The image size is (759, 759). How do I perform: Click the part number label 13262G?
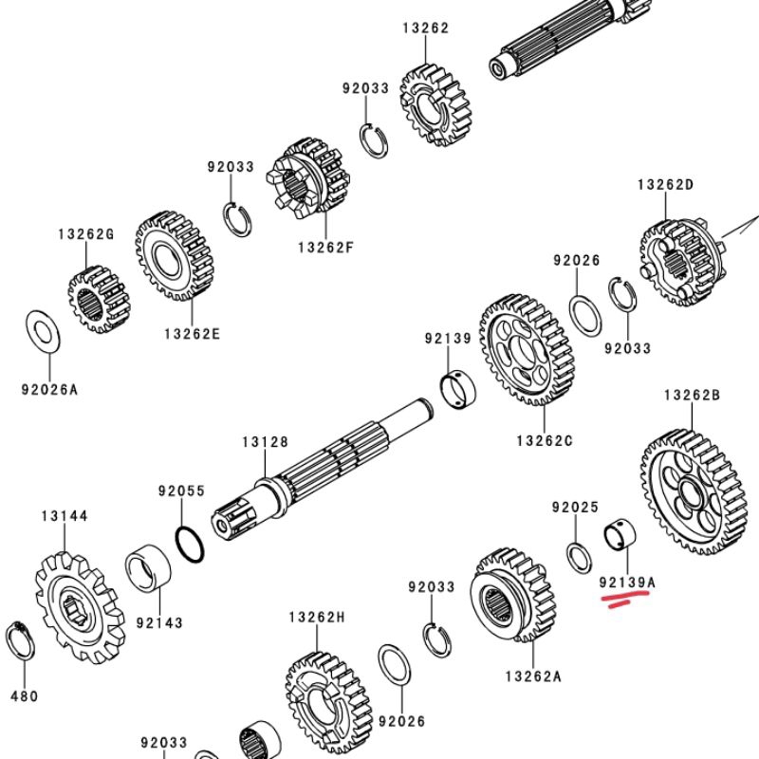click(x=85, y=233)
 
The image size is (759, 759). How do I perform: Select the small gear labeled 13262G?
click(x=98, y=299)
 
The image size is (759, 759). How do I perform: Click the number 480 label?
click(x=24, y=695)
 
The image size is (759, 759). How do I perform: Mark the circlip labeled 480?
click(x=22, y=645)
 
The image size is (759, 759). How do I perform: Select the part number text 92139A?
click(x=627, y=580)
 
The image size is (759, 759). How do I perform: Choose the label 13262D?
click(x=665, y=185)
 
